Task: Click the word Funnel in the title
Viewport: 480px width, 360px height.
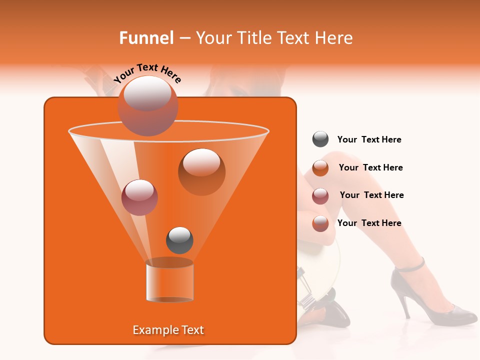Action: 146,38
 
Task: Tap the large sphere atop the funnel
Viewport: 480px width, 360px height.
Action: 147,105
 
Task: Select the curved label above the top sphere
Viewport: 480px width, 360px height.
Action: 147,73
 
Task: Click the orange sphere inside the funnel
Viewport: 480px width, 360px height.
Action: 201,171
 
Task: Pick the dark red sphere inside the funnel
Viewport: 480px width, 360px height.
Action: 139,197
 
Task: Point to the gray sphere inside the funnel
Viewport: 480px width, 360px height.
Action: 179,240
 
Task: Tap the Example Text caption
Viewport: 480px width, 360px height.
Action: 168,330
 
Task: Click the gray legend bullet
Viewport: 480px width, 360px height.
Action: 320,139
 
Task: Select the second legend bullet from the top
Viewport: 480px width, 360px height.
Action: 320,168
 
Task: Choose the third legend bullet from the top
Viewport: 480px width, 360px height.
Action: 320,196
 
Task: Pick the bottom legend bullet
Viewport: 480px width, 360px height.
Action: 320,223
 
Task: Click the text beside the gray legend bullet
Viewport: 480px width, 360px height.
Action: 369,140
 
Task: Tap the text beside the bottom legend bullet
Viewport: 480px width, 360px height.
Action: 369,223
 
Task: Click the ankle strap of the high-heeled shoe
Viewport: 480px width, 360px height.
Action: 409,266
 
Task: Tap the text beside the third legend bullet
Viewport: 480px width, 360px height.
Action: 371,195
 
